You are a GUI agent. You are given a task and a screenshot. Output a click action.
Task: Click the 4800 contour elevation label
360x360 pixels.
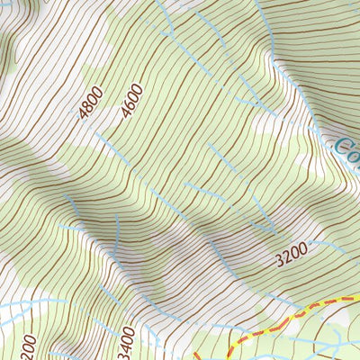click(x=91, y=102)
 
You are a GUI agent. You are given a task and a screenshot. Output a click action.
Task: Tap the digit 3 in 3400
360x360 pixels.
click(x=127, y=354)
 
